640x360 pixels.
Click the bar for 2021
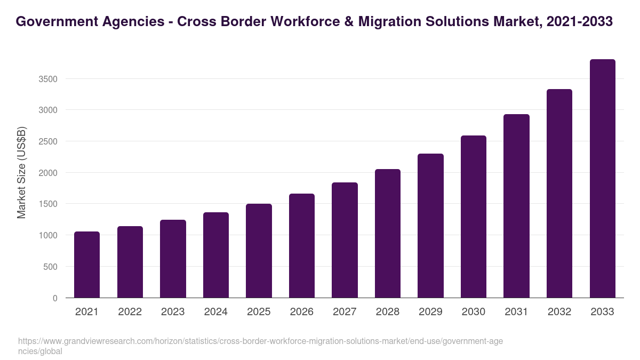(86, 265)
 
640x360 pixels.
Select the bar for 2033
(602, 179)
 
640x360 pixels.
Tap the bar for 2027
(345, 240)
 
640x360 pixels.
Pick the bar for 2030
(474, 217)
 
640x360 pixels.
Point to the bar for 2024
(215, 255)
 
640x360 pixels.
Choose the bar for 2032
(559, 194)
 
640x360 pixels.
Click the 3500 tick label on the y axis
(47, 79)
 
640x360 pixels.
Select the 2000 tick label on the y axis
(47, 173)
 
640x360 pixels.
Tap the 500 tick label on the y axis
(51, 267)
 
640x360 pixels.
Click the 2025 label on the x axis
(259, 312)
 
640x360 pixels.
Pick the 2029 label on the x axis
(430, 312)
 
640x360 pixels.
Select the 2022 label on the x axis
(130, 312)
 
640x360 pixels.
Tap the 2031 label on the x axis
(516, 312)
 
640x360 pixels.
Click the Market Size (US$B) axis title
(22, 172)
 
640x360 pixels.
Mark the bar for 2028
(388, 234)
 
